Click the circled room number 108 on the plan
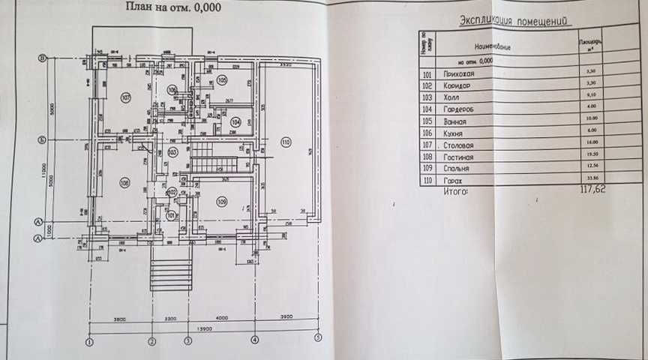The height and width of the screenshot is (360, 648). [x=124, y=181]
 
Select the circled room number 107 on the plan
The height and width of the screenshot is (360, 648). [x=126, y=97]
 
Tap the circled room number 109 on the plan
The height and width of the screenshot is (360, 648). [x=222, y=200]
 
